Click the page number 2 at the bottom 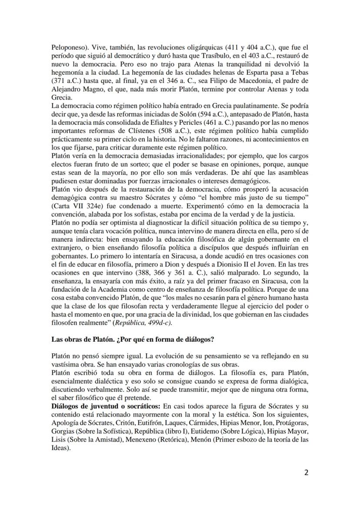(x=306, y=473)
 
